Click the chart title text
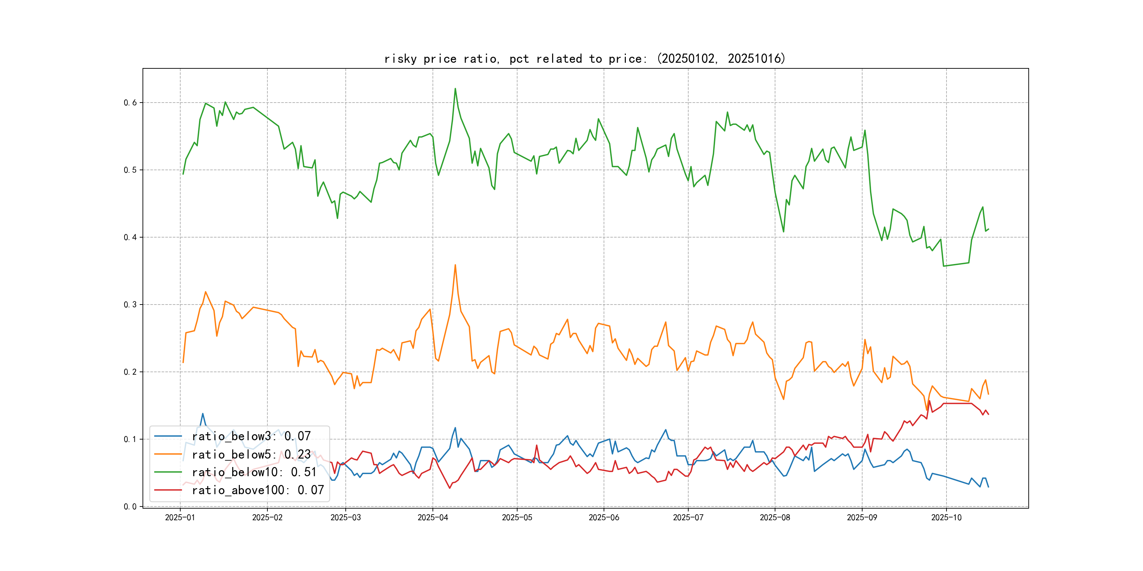click(584, 59)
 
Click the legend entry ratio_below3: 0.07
click(251, 436)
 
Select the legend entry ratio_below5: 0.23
click(251, 454)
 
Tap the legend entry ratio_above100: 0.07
click(258, 490)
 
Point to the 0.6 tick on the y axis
click(130, 103)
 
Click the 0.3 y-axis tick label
click(130, 305)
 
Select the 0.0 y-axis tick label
click(130, 507)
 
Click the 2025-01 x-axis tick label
click(180, 518)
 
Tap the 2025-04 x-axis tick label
click(433, 518)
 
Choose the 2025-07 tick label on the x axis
click(688, 518)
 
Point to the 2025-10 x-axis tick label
click(946, 518)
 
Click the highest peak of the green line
click(455, 89)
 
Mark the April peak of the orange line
click(455, 265)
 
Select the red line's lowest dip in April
click(449, 488)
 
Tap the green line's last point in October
click(988, 229)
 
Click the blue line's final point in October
click(988, 487)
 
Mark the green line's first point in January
click(183, 174)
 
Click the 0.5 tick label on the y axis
click(130, 170)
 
